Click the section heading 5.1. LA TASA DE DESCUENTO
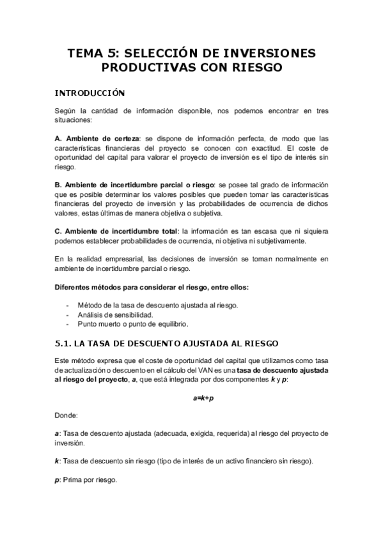coord(166,343)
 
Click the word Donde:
coord(66,415)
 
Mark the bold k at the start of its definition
coord(56,460)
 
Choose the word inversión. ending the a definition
coord(70,442)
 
